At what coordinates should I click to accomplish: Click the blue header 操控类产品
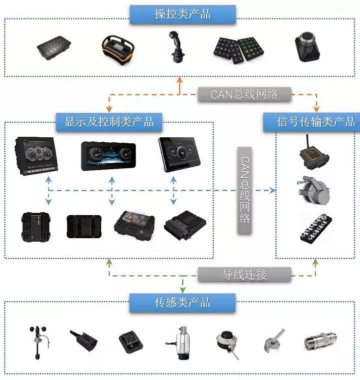[x=182, y=14]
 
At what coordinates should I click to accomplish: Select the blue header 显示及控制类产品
[x=109, y=121]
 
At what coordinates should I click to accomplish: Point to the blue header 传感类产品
[x=182, y=303]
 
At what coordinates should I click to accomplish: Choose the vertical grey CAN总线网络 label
[x=244, y=190]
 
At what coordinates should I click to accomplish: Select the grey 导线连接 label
[x=244, y=275]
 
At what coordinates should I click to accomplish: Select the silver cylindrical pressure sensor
[x=318, y=343]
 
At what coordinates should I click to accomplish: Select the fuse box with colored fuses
[x=131, y=227]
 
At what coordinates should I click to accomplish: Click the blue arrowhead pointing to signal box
[x=272, y=190]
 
